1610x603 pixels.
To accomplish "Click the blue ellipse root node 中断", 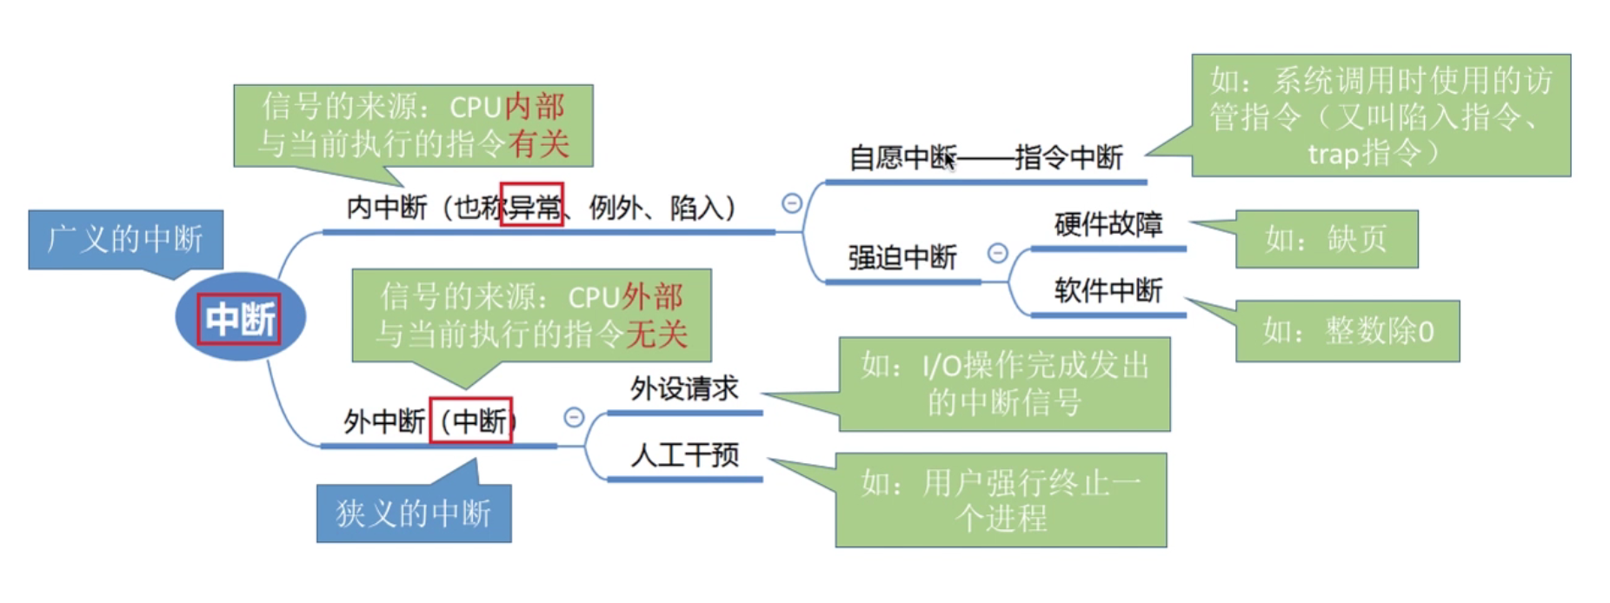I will (x=240, y=318).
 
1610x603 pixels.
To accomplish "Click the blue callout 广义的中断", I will (x=125, y=239).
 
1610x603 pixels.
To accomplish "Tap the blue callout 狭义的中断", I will (x=414, y=514).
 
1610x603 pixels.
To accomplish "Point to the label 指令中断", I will (x=1068, y=158).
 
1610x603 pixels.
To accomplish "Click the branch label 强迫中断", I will (x=902, y=258).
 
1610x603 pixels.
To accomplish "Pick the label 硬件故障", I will (x=1108, y=225).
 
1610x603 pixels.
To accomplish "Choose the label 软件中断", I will (x=1108, y=290).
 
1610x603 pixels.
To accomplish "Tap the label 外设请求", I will (x=684, y=388).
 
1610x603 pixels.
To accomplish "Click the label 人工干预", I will (x=685, y=454).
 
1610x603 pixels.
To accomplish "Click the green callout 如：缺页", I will (x=1327, y=239).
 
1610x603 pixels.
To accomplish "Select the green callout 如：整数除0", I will (x=1347, y=331).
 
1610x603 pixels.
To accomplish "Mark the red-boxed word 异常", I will (x=532, y=206).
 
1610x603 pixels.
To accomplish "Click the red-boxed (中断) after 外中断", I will (x=471, y=421).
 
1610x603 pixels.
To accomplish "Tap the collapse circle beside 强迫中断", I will (x=998, y=253).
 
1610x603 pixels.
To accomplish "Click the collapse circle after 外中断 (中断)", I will (x=574, y=417).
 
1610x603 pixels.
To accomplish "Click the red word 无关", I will (x=656, y=334).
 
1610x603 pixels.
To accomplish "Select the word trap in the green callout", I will (x=1333, y=154).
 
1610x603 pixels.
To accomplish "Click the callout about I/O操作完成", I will (x=1004, y=384).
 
